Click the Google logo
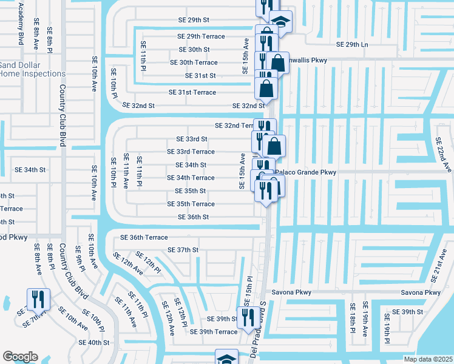click(20, 356)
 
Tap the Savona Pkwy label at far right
click(424, 292)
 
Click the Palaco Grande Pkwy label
click(305, 173)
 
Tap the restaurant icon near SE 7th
click(36, 298)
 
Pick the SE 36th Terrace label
click(144, 237)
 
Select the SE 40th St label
click(93, 342)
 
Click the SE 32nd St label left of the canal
click(138, 105)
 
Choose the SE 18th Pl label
click(351, 317)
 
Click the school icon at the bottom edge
click(226, 358)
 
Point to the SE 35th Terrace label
click(191, 204)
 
